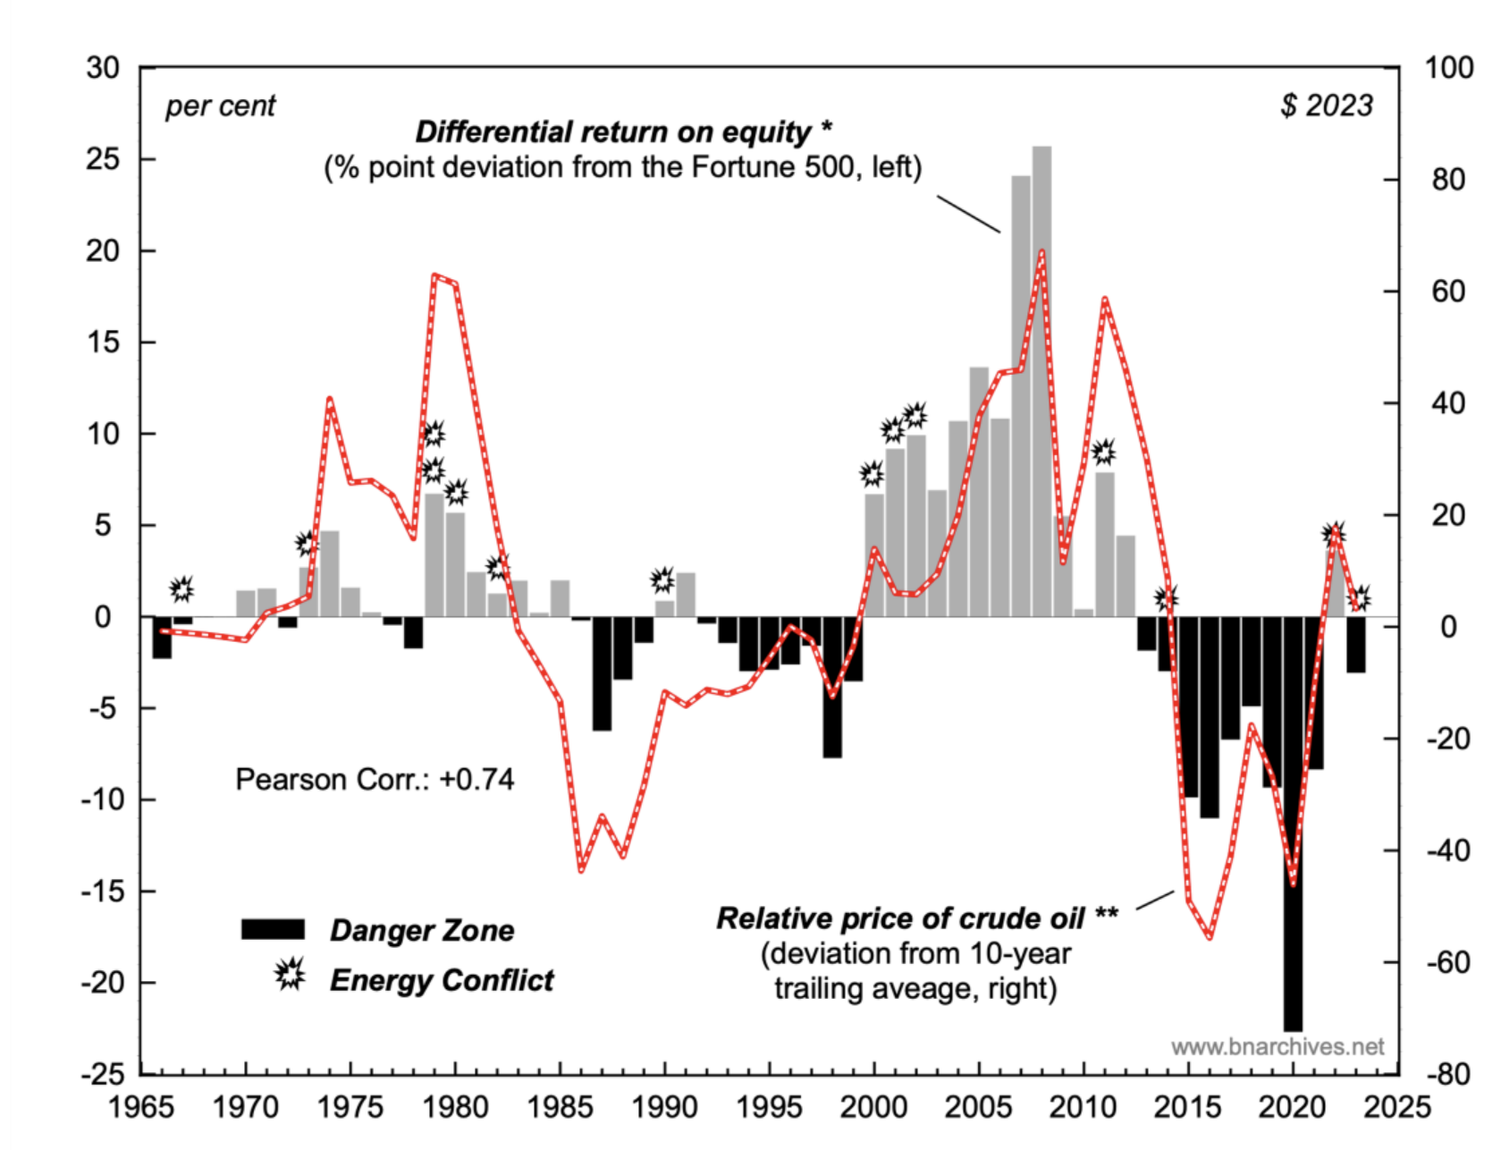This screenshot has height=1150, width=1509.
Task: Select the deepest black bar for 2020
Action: point(1293,823)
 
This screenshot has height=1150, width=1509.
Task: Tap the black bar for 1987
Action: point(602,672)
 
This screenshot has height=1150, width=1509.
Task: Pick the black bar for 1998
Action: point(832,686)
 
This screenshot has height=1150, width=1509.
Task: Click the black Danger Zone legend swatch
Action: point(273,929)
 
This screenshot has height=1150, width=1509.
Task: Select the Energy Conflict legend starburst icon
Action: point(290,974)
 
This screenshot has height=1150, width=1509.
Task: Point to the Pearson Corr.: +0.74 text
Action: point(375,780)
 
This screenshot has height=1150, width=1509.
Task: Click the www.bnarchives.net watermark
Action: point(1277,1046)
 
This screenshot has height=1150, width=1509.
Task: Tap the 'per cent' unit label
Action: point(221,106)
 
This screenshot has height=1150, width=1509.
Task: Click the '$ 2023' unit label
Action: point(1327,106)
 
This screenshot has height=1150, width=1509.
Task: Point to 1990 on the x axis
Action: point(664,1107)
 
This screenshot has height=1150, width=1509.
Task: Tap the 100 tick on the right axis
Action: point(1448,68)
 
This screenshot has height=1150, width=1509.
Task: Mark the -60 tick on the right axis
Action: point(1447,962)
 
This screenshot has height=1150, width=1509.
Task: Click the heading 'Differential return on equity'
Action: point(623,132)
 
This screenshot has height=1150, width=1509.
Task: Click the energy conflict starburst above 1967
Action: point(181,588)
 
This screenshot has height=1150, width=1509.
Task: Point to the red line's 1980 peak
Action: point(435,276)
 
